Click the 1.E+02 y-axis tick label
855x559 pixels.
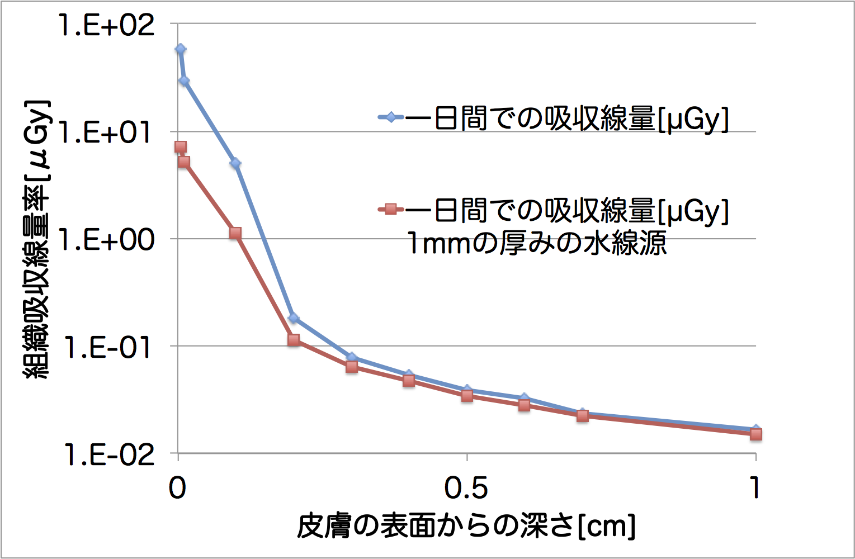[x=106, y=26]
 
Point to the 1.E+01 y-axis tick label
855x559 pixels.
[x=106, y=133]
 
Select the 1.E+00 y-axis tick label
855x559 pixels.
[x=106, y=240]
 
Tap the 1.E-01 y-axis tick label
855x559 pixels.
[x=106, y=348]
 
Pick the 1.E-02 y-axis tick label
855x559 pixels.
[x=106, y=455]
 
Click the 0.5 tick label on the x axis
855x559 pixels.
[x=466, y=488]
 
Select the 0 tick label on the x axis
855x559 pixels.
[x=177, y=488]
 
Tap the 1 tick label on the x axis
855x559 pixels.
[x=755, y=488]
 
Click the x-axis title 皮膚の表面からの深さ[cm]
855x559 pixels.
[x=466, y=525]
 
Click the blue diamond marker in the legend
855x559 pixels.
[x=391, y=117]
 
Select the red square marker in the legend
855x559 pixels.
[x=391, y=210]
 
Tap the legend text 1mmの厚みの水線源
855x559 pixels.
[x=537, y=243]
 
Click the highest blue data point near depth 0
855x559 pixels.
[x=180, y=49]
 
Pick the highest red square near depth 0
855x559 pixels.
[x=180, y=147]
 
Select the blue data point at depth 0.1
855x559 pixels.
[x=235, y=163]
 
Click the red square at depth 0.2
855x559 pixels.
[x=294, y=340]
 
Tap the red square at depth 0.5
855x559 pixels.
[x=467, y=396]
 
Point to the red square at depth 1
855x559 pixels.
[x=755, y=434]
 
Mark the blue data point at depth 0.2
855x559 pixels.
[x=294, y=318]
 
